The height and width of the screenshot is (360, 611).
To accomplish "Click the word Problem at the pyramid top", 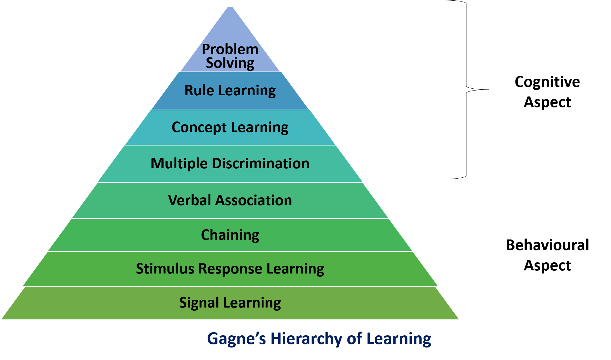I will pos(230,49).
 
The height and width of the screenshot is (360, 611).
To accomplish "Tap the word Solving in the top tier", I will pos(230,63).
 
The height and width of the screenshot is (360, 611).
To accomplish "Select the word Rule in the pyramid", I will pos(199,91).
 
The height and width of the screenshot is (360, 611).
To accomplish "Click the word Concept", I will pos(199,127).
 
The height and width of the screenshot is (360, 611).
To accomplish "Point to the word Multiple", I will pos(179,164).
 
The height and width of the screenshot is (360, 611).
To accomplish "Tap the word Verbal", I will pos(190,200).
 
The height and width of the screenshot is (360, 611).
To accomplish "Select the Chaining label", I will pos(230,235).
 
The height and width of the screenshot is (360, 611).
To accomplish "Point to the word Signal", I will pos(199,303).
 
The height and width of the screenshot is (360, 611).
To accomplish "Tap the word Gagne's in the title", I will pos(236,339).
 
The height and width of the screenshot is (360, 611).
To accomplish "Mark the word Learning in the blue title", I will pos(399,339).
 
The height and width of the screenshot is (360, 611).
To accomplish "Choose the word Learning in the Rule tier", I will pos(247,91).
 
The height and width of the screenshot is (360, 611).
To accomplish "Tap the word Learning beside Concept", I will pos(259,127).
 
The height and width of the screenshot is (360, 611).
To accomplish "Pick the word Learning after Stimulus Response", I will pos(295,269).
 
